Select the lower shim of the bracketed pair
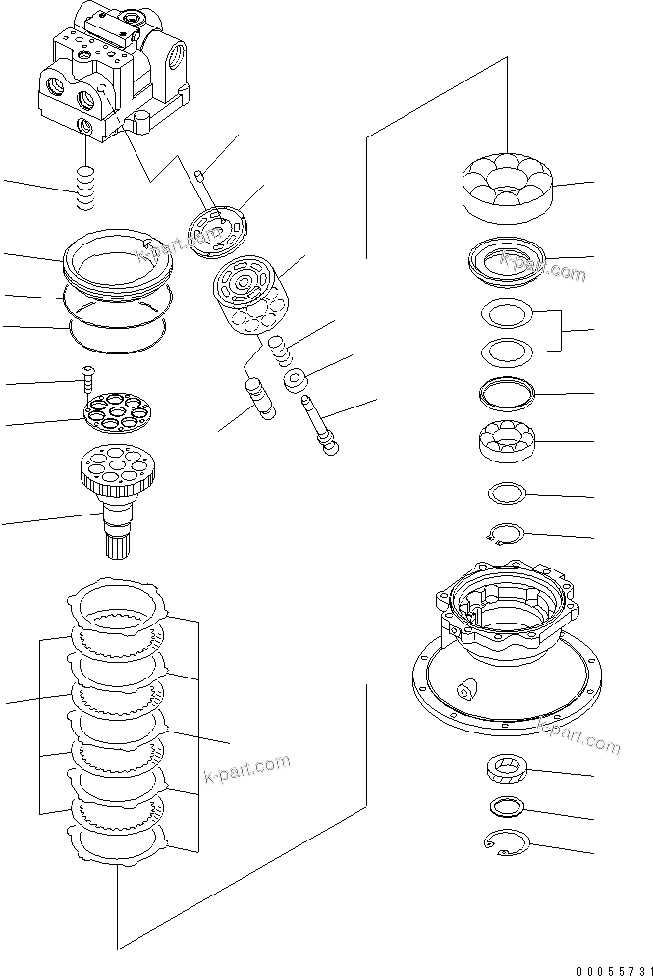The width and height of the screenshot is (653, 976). pyautogui.click(x=507, y=349)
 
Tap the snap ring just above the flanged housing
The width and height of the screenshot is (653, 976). pyautogui.click(x=505, y=533)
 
